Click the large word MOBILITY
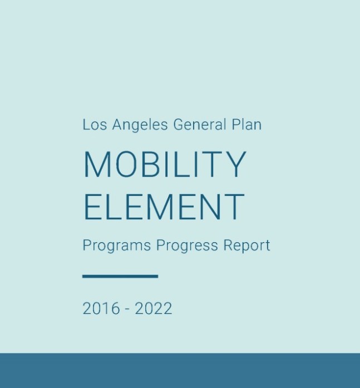[165, 165]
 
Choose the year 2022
[154, 308]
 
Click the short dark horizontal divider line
[120, 276]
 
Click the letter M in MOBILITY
[96, 165]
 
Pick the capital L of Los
[86, 125]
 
